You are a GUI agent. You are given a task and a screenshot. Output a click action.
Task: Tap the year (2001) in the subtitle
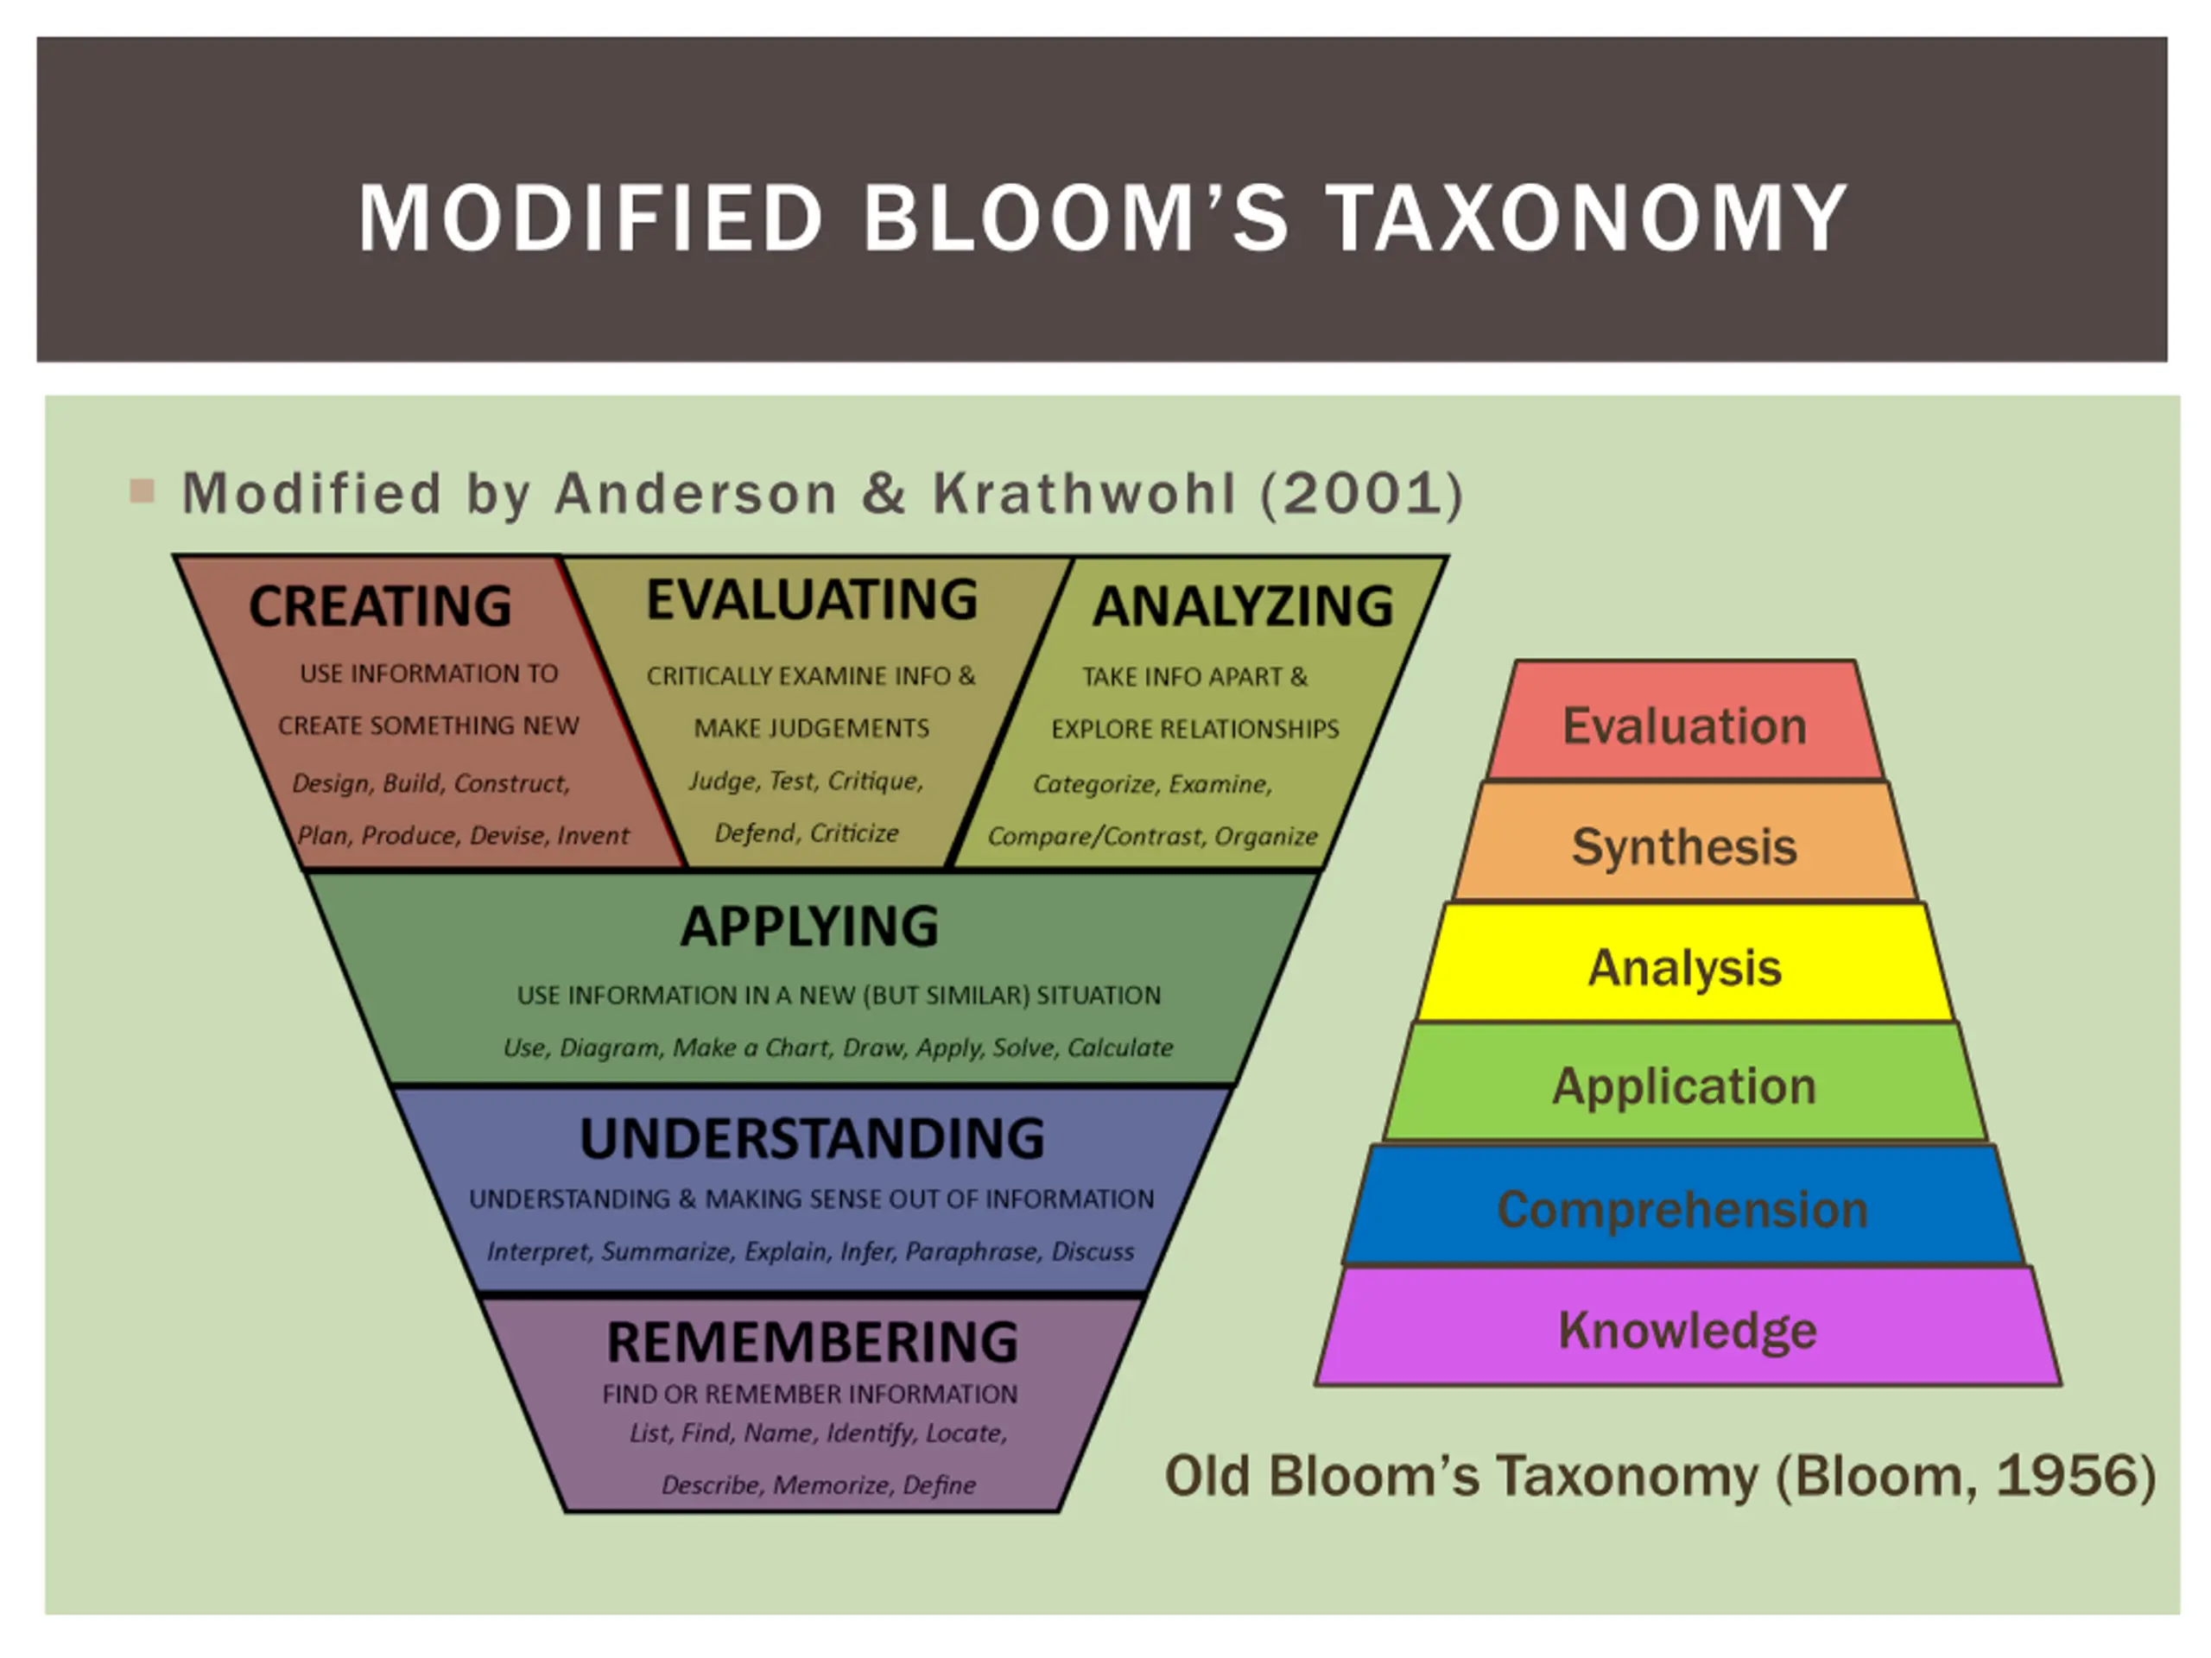point(1362,494)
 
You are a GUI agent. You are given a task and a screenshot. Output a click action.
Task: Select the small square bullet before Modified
point(142,490)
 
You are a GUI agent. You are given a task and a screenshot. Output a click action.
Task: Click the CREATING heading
point(380,605)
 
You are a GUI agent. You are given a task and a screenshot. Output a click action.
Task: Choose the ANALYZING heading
point(1243,605)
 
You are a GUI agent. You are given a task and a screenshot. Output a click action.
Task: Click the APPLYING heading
point(809,927)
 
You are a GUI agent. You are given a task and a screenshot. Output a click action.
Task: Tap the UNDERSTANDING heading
point(812,1138)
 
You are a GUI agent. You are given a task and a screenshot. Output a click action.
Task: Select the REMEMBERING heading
point(812,1341)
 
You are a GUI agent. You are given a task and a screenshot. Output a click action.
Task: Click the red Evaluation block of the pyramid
point(1684,725)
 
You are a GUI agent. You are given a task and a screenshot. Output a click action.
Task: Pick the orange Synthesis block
point(1684,845)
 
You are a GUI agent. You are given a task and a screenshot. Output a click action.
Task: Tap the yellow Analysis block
point(1684,966)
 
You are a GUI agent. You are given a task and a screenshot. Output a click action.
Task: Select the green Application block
point(1684,1085)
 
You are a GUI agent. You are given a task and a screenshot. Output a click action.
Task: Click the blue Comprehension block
point(1682,1208)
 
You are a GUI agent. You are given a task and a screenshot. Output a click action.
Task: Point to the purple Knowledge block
point(1688,1329)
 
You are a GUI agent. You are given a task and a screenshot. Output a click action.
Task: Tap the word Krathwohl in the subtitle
point(1084,494)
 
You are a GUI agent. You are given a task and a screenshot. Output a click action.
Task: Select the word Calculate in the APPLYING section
point(1119,1047)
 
